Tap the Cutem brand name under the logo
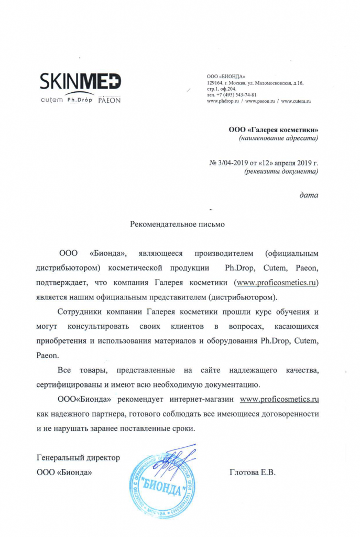click(x=51, y=100)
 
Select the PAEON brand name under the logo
click(x=110, y=100)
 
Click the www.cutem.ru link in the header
click(x=296, y=101)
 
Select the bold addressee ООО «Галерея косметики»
click(x=273, y=130)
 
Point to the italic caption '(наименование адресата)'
click(x=278, y=138)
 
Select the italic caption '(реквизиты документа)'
click(x=281, y=171)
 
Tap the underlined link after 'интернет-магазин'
click(x=279, y=399)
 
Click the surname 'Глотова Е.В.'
click(x=253, y=472)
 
